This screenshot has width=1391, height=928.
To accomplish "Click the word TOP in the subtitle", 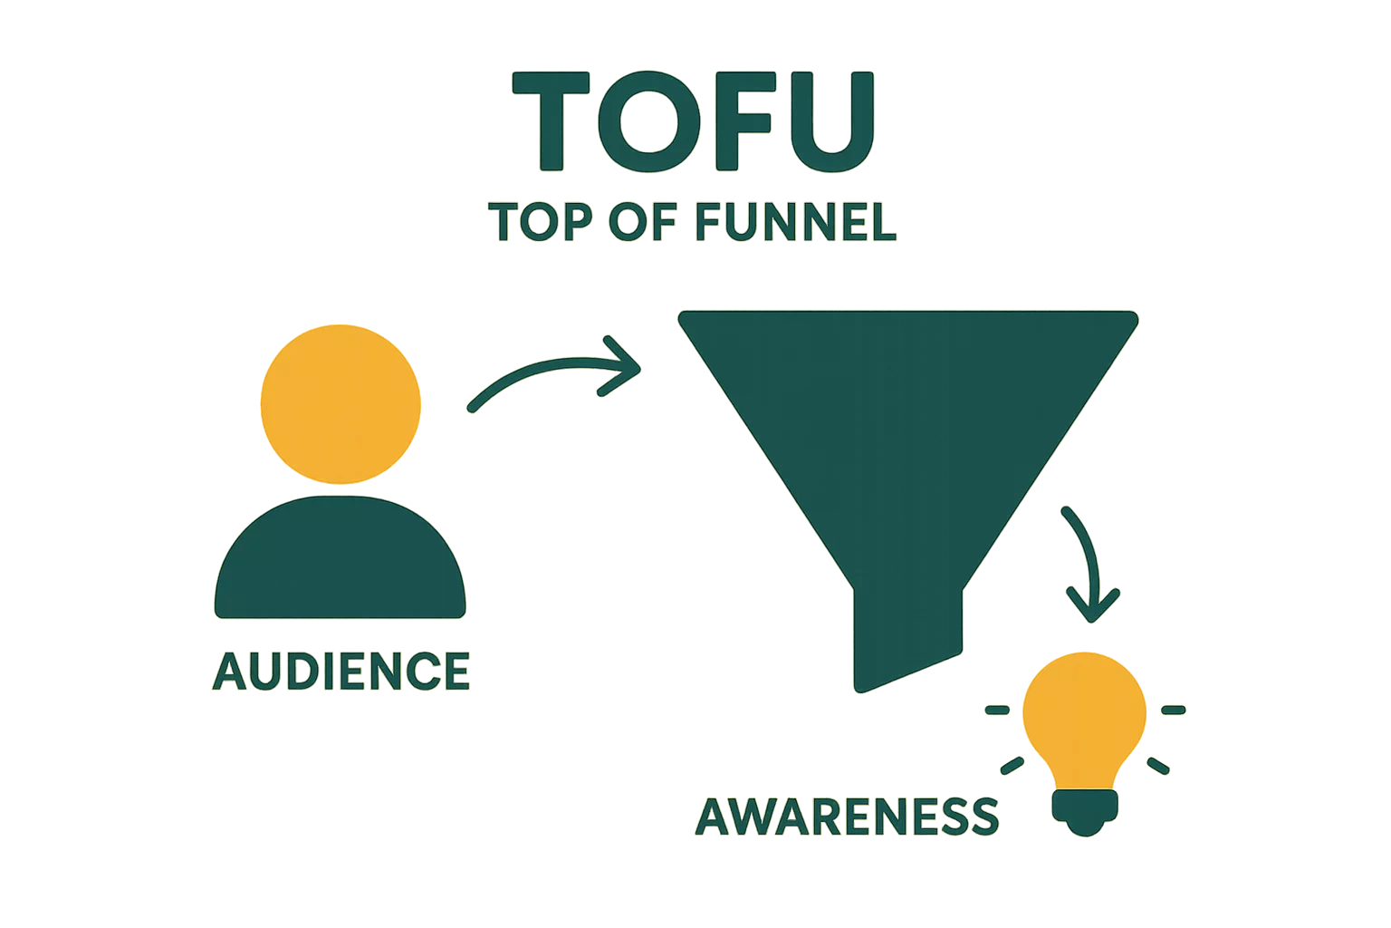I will coord(534,223).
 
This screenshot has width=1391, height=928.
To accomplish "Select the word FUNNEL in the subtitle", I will coord(797,223).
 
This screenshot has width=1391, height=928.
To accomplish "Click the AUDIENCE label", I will coord(341,671).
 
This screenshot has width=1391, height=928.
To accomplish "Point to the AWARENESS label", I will coord(848,817).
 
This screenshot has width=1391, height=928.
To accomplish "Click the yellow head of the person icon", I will coord(341,402).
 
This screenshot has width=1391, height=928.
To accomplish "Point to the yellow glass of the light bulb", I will coord(1084,716).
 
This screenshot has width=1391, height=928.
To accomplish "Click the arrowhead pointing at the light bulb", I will coord(1093,605).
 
